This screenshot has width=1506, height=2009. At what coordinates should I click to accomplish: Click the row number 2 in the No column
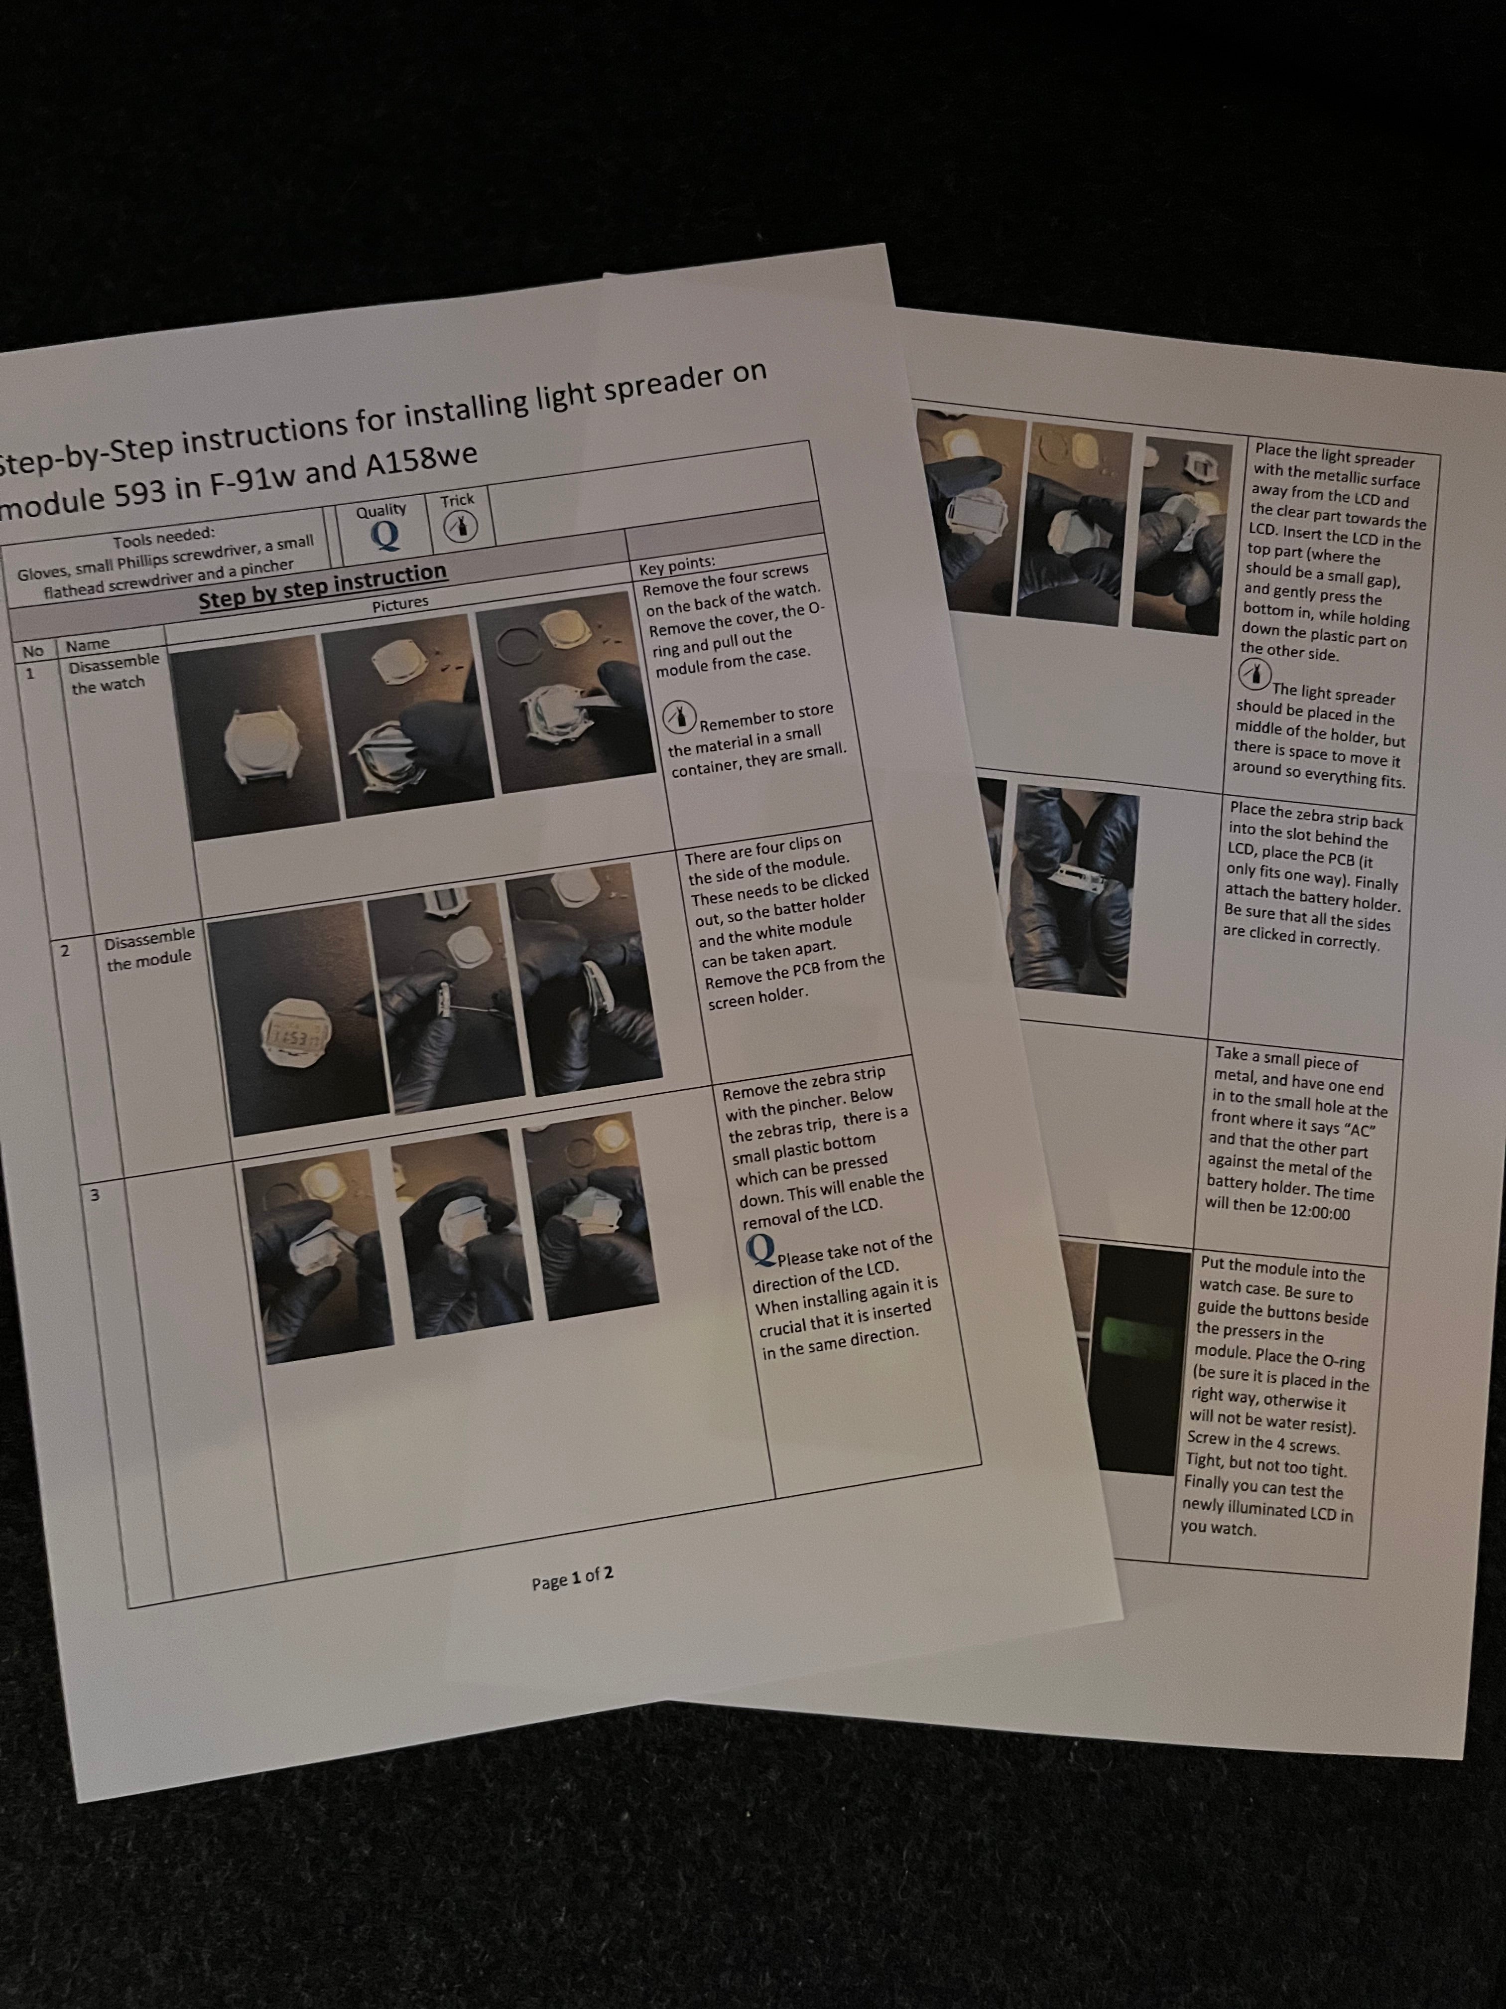(64, 951)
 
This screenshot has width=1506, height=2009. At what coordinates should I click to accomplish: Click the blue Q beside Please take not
(760, 1250)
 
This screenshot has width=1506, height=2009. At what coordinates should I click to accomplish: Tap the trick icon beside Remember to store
(680, 717)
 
